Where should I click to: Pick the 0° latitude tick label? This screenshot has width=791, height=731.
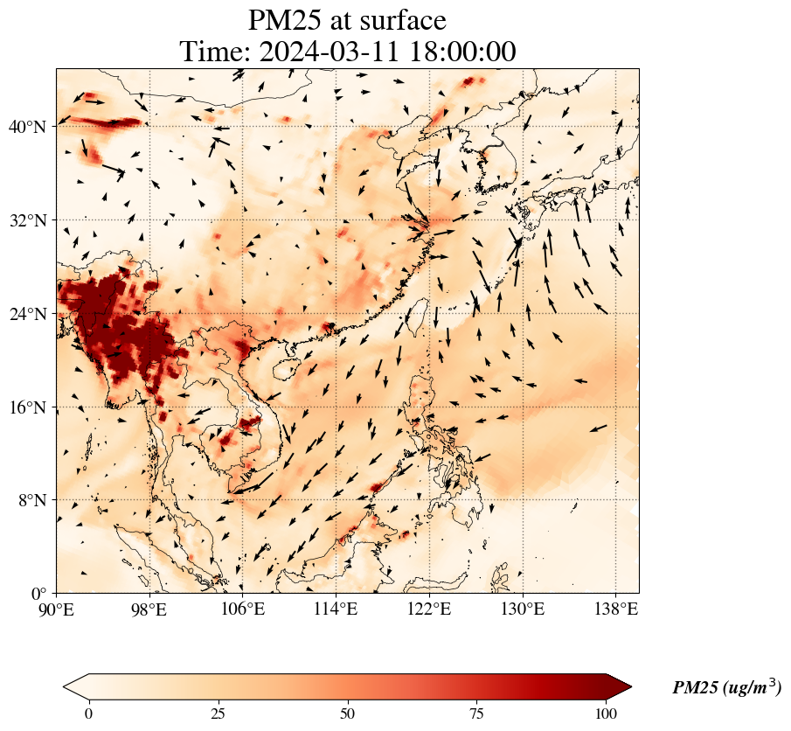[x=40, y=594]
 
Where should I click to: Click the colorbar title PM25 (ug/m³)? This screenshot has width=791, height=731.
[x=726, y=688]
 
